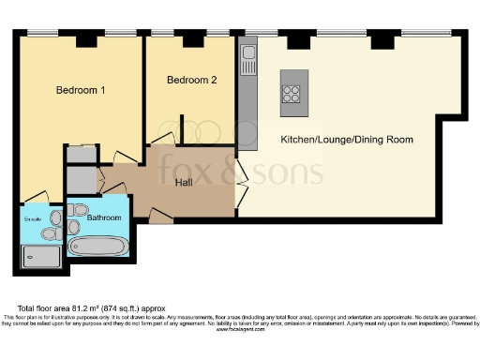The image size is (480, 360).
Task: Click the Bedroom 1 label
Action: click(x=80, y=91)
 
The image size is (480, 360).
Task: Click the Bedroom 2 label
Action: click(x=192, y=81)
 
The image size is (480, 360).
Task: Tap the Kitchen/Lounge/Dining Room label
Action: click(x=347, y=140)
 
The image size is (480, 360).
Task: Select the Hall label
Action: click(x=186, y=182)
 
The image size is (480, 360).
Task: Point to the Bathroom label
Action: click(x=104, y=217)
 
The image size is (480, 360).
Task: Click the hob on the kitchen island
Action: click(x=292, y=93)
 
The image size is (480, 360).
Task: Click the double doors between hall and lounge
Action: click(x=241, y=171)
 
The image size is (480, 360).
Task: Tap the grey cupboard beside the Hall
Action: click(x=82, y=178)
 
